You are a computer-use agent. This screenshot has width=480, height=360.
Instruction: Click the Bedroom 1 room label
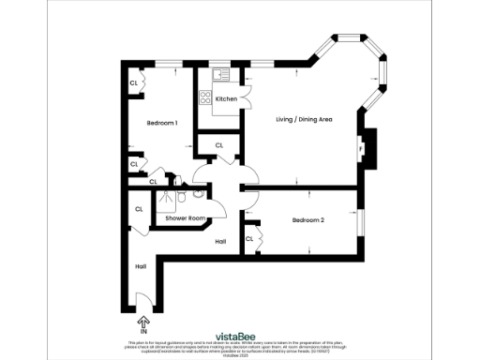pyautogui.click(x=162, y=123)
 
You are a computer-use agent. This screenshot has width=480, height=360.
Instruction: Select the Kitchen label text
pyautogui.click(x=226, y=98)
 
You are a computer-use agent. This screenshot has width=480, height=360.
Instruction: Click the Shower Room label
pyautogui.click(x=185, y=218)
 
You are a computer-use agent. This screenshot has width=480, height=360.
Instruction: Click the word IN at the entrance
pyautogui.click(x=143, y=332)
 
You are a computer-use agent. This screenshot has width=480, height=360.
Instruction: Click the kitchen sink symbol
pyautogui.click(x=223, y=74)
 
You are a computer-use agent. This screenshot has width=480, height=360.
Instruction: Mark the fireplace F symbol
pyautogui.click(x=360, y=148)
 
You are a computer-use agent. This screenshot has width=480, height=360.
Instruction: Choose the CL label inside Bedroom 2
pyautogui.click(x=250, y=239)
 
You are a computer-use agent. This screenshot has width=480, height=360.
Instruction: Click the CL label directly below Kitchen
pyautogui.click(x=218, y=145)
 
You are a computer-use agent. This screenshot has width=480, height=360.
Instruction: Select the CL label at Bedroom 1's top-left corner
pyautogui.click(x=134, y=83)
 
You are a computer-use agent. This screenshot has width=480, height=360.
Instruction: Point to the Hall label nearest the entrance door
pyautogui.click(x=140, y=266)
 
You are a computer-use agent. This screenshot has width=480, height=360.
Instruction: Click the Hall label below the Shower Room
pyautogui.click(x=220, y=242)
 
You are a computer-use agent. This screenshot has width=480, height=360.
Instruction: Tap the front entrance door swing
pyautogui.click(x=143, y=302)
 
